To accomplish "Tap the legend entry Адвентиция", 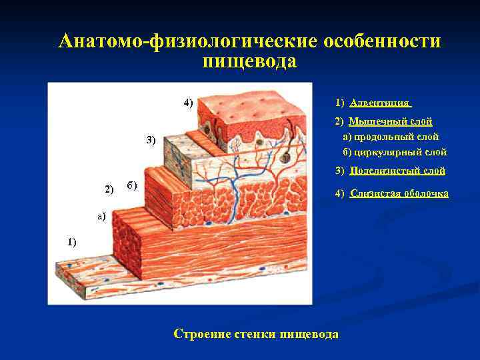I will (380, 103).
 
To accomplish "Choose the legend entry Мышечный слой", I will (391, 121).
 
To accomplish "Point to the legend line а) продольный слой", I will (391, 137).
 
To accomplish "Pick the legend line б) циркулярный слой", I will (395, 152).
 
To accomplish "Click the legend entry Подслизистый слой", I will (397, 171).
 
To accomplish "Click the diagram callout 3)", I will (151, 140).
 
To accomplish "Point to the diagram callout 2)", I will (110, 190).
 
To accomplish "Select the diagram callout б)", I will (131, 185).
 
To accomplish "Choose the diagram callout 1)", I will (71, 242).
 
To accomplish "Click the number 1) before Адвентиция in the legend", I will (340, 103).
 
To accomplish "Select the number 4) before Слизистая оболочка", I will (340, 193).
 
